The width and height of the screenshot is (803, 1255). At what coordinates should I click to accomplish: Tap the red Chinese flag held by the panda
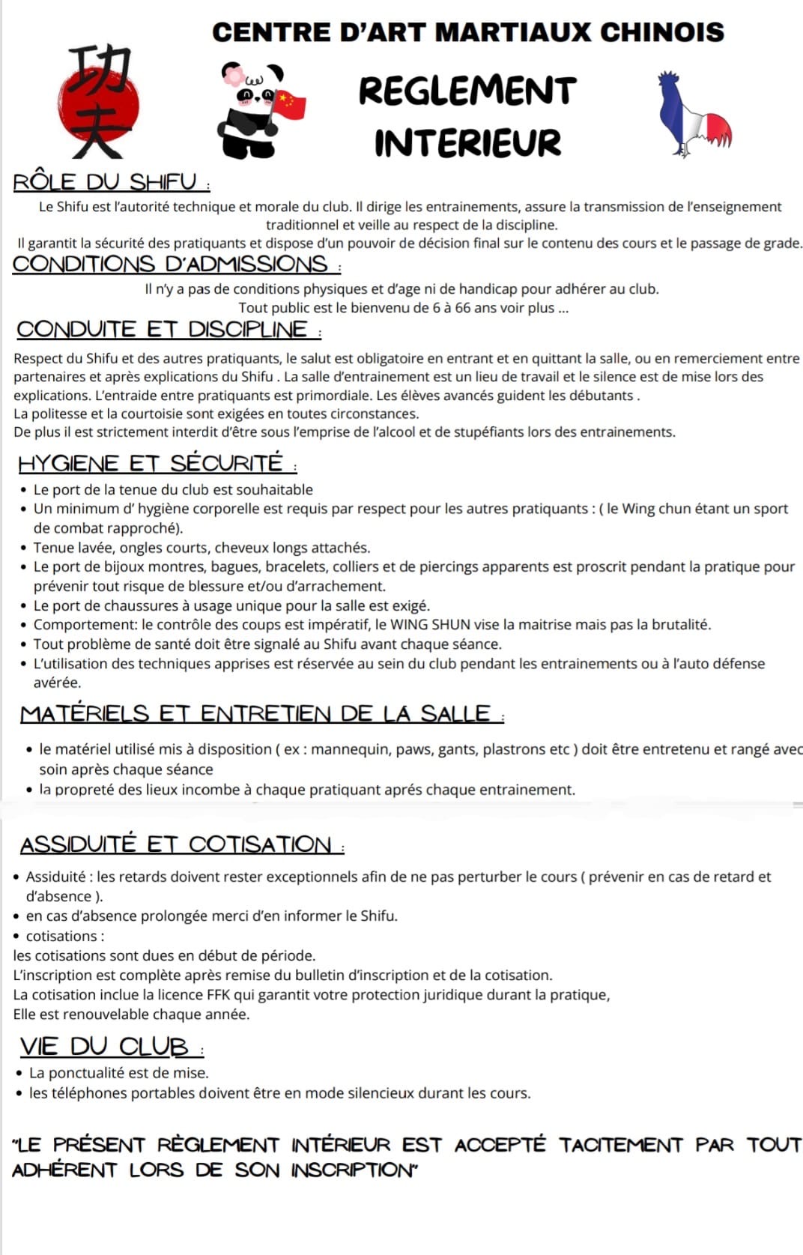(291, 104)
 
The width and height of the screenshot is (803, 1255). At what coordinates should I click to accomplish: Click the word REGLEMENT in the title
(467, 91)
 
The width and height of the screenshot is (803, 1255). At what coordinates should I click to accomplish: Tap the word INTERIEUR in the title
(467, 143)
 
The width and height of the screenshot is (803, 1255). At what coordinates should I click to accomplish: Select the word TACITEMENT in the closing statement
(620, 1145)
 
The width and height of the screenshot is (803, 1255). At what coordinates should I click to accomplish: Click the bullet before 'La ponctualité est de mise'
(19, 1073)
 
